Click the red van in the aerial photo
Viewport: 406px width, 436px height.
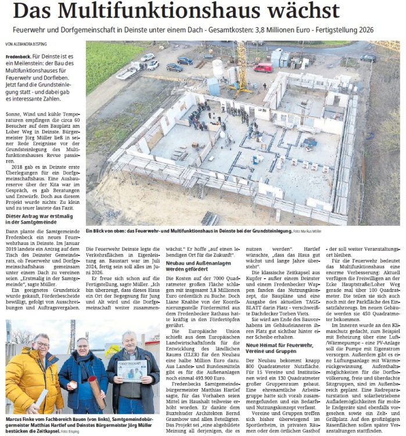(x=263, y=68)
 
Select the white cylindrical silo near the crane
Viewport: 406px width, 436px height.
(x=218, y=69)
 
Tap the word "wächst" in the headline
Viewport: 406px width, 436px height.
(x=303, y=11)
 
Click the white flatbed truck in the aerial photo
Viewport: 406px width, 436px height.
(x=129, y=70)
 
